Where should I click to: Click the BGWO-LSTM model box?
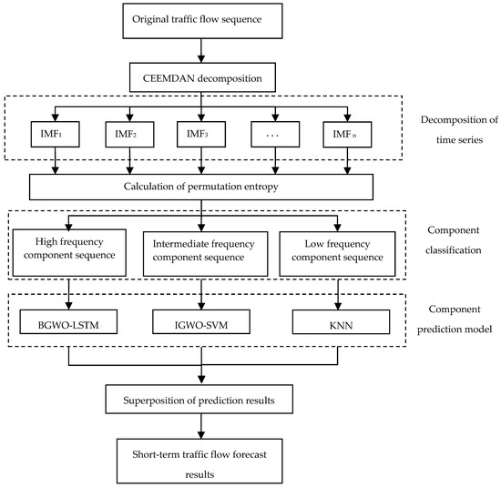click(69, 321)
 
